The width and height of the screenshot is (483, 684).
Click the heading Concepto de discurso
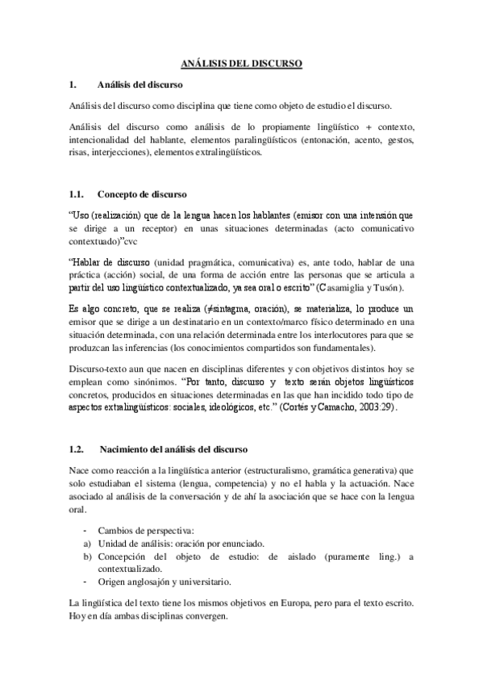click(x=141, y=194)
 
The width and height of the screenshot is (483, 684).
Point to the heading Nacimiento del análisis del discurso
click(x=173, y=448)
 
